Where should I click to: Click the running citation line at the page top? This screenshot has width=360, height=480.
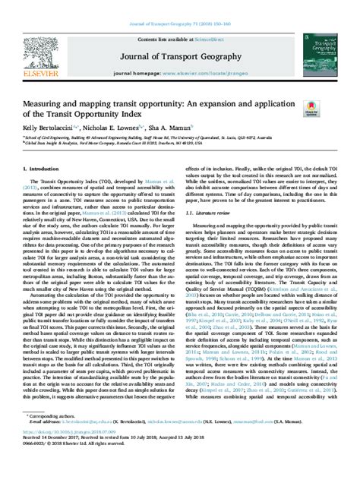(180, 6)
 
